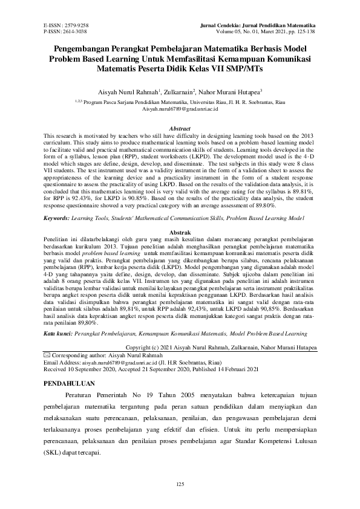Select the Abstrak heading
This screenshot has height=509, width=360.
coord(180,233)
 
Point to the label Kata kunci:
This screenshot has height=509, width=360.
coord(61,333)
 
